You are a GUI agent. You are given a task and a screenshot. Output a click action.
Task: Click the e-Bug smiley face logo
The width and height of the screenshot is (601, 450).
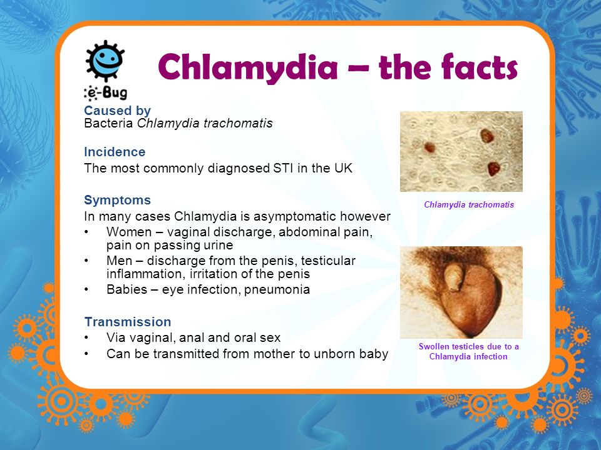pyautogui.click(x=105, y=60)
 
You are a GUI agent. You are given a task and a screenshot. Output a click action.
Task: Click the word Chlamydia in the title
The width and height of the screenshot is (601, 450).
pyautogui.click(x=248, y=67)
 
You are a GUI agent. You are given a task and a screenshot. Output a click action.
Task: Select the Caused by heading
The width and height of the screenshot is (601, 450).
pyautogui.click(x=117, y=111)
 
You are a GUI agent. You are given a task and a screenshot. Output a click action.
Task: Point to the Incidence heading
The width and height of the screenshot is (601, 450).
pyautogui.click(x=115, y=152)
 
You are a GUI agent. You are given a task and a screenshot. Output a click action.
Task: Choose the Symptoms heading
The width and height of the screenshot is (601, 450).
pyautogui.click(x=117, y=200)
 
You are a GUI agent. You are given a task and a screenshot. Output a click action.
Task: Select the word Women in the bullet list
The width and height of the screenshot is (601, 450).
pyautogui.click(x=129, y=232)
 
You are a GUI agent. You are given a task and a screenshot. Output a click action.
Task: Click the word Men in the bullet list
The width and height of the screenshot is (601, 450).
pyautogui.click(x=119, y=261)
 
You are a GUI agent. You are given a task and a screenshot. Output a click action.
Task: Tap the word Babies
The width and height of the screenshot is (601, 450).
pyautogui.click(x=127, y=289)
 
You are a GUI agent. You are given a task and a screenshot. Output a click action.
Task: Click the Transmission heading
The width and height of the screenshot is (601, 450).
pyautogui.click(x=128, y=322)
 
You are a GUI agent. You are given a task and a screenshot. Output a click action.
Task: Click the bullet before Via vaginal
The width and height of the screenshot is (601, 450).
pyautogui.click(x=86, y=337)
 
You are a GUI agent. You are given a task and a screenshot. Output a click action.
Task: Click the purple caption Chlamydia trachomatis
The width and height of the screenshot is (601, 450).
pyautogui.click(x=469, y=205)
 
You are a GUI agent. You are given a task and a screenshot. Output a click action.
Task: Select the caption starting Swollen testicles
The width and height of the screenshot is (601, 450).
pyautogui.click(x=468, y=351)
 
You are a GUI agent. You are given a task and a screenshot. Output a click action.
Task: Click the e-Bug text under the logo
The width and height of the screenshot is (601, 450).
pyautogui.click(x=106, y=92)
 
